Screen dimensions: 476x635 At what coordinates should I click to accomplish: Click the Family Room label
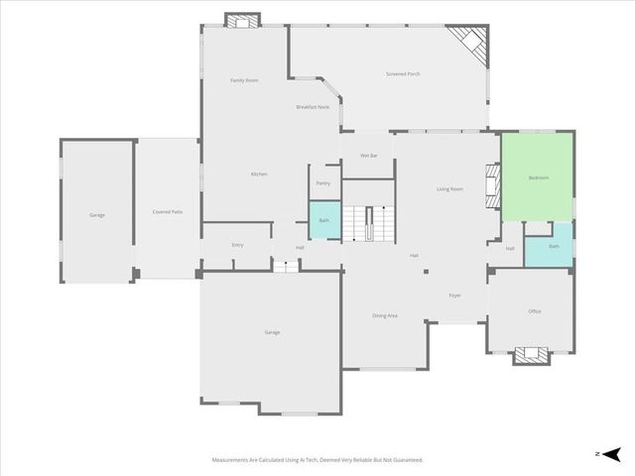pyautogui.click(x=244, y=80)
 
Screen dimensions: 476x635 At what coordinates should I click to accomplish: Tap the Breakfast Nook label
pyautogui.click(x=312, y=107)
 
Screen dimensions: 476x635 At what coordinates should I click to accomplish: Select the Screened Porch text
pyautogui.click(x=403, y=74)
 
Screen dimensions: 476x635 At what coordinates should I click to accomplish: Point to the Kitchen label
pyautogui.click(x=258, y=175)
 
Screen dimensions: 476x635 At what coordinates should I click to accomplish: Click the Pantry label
pyautogui.click(x=322, y=183)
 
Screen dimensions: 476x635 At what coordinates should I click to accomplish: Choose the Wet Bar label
pyautogui.click(x=368, y=156)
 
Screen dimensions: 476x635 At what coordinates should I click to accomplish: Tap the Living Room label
pyautogui.click(x=449, y=188)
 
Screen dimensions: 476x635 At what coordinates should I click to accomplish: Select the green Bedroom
pyautogui.click(x=537, y=178)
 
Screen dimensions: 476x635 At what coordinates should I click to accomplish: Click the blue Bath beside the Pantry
pyautogui.click(x=323, y=220)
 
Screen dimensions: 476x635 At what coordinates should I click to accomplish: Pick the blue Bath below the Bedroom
pyautogui.click(x=554, y=246)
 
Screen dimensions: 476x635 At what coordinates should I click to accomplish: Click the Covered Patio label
pyautogui.click(x=167, y=212)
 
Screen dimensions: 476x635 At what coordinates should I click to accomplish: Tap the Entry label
pyautogui.click(x=237, y=245)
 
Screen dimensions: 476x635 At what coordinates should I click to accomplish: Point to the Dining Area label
pyautogui.click(x=385, y=315)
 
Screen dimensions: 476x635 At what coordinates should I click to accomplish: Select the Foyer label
pyautogui.click(x=454, y=296)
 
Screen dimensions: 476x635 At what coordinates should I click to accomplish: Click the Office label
pyautogui.click(x=534, y=311)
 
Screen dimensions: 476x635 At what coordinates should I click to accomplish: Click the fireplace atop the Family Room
pyautogui.click(x=241, y=20)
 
